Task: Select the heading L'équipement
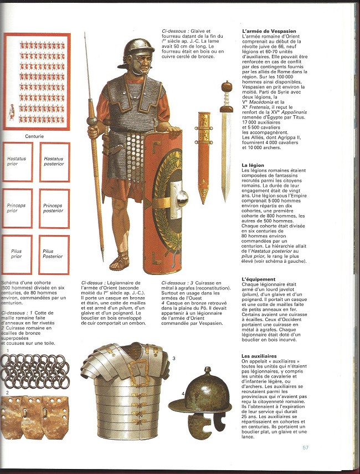[x=259, y=279]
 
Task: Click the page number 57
[x=306, y=448]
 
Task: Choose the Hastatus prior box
[x=17, y=162]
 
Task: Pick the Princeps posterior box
[x=54, y=208]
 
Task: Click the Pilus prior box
[x=17, y=254]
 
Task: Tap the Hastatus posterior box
[x=54, y=162]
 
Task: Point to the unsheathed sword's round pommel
[x=226, y=87]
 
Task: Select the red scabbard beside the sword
[x=204, y=155]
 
